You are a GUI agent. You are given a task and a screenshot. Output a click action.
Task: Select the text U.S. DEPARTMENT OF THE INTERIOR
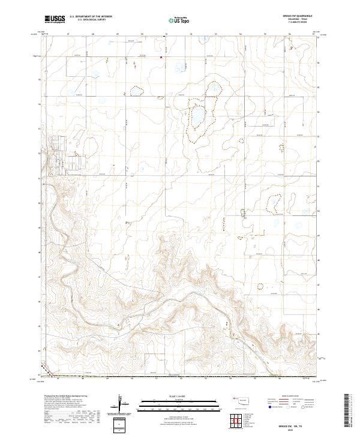(91, 17)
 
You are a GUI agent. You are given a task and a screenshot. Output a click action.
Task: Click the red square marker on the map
(161, 58)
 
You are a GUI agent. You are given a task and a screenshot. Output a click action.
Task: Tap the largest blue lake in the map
(197, 115)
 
